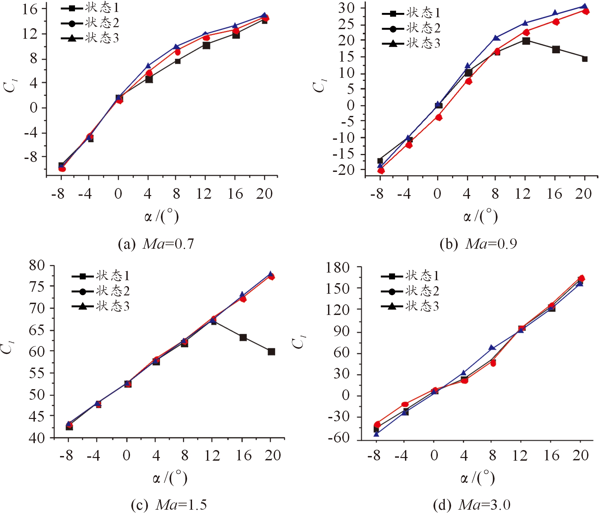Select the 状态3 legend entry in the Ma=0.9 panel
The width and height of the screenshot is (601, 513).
[x=411, y=43]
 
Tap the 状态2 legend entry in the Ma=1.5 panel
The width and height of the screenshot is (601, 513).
[x=101, y=291]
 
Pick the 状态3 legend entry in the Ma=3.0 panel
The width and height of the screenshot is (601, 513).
[x=410, y=306]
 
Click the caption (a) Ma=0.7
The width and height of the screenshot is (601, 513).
[x=156, y=244]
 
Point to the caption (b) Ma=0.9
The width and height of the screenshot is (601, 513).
[x=478, y=244]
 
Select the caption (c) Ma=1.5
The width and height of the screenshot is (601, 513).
[x=169, y=505]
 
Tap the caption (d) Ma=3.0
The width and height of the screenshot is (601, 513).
[x=472, y=505]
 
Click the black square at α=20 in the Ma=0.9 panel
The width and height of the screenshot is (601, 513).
[x=585, y=59]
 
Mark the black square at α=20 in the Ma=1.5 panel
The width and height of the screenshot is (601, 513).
[x=271, y=352]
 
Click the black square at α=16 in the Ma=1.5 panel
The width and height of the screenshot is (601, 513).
[x=243, y=337]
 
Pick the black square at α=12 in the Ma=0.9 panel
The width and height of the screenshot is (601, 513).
[x=526, y=41]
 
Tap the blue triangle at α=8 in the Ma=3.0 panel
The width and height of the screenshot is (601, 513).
[x=492, y=348]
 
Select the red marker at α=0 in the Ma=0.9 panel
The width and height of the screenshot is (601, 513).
[x=439, y=117]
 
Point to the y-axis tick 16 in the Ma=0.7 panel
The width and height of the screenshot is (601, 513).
[x=30, y=9]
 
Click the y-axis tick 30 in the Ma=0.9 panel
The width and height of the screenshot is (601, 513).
[x=346, y=8]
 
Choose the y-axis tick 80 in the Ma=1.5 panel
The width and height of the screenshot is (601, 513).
[x=37, y=266]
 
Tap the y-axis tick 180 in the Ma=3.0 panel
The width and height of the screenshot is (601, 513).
[x=337, y=268]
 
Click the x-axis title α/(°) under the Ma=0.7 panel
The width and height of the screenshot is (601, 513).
[x=162, y=217]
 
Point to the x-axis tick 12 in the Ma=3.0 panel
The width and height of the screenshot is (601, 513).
[x=520, y=456]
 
